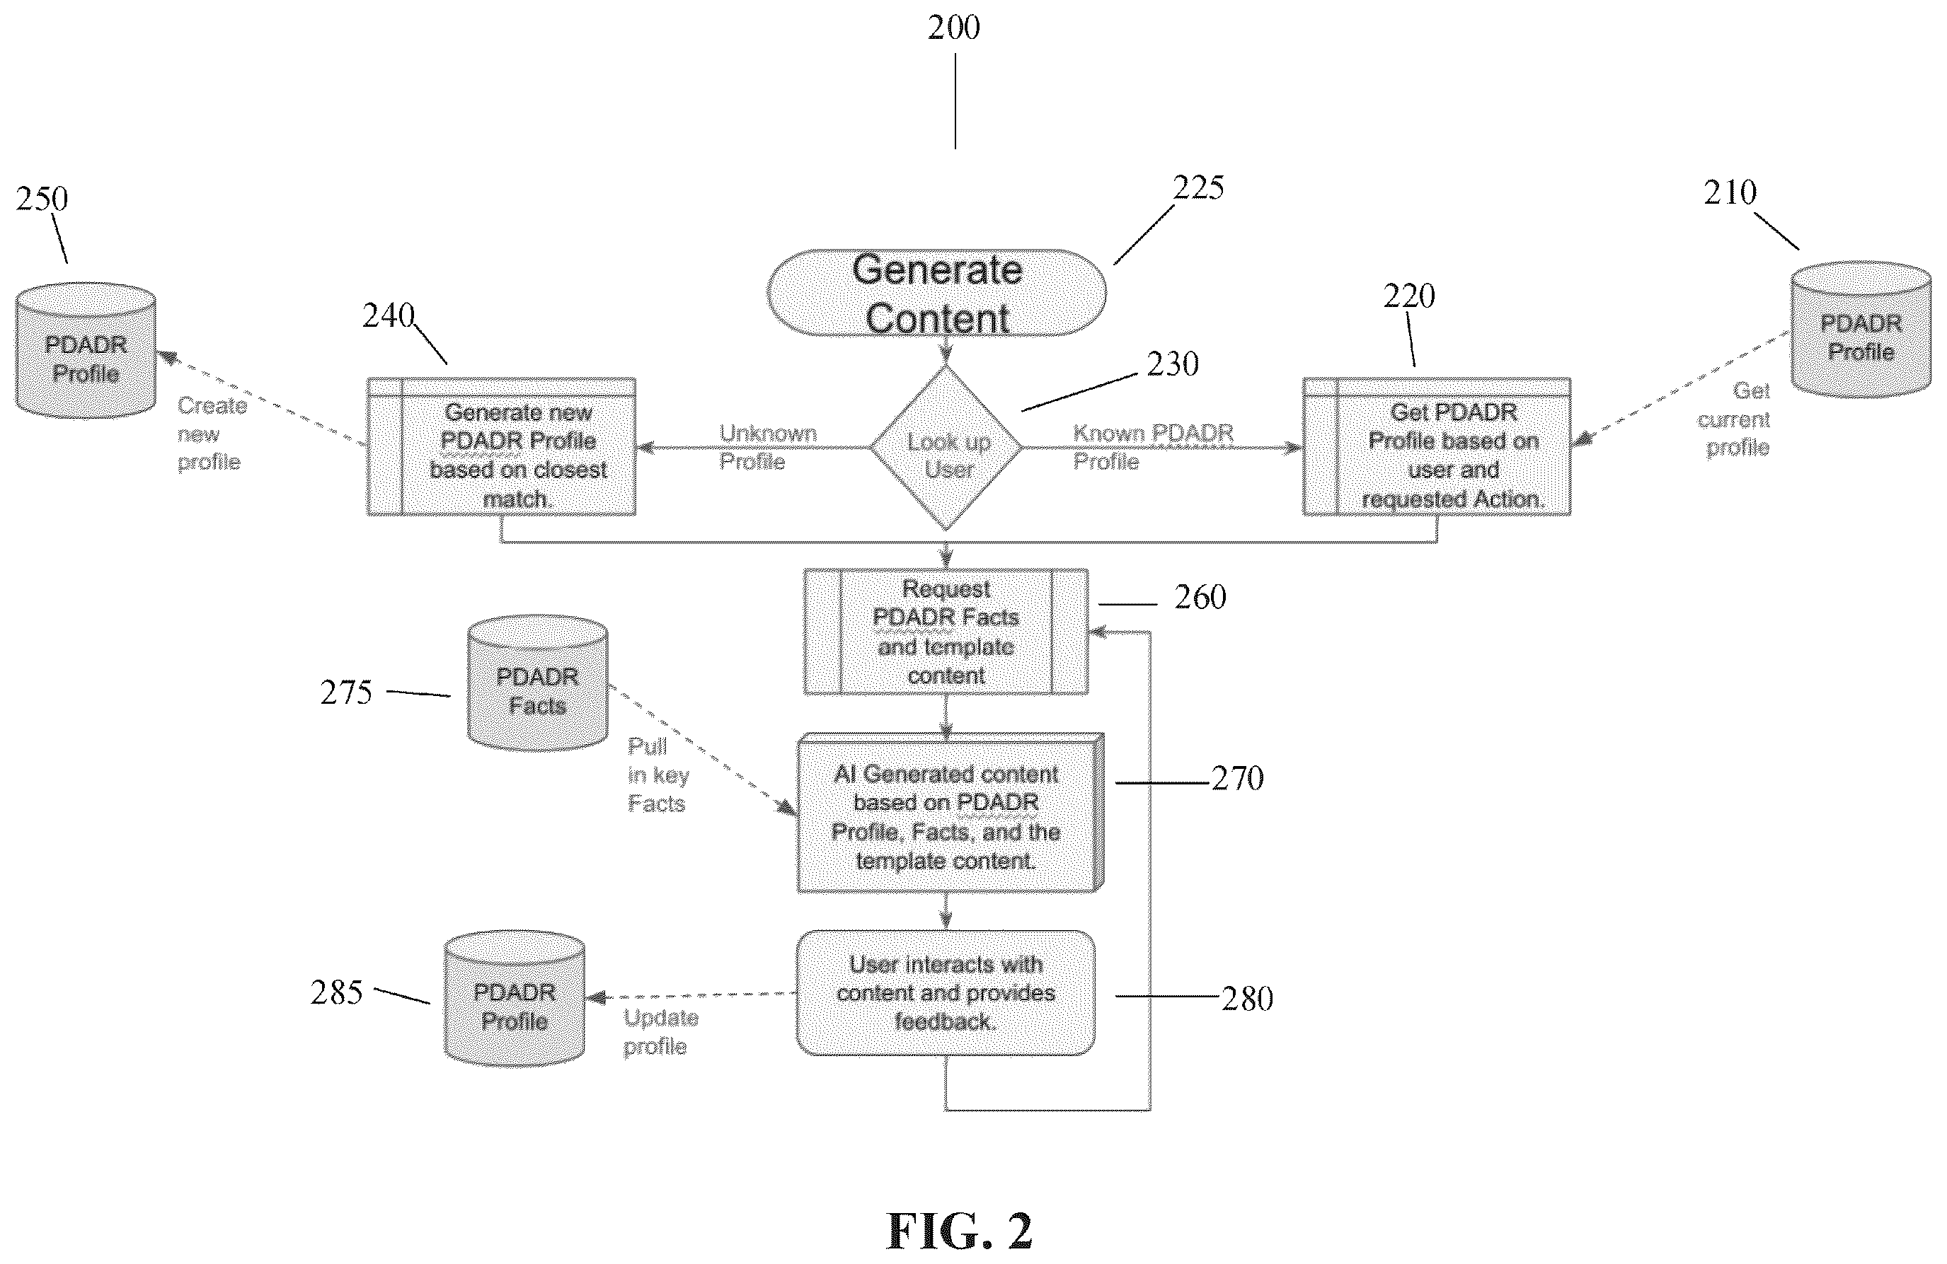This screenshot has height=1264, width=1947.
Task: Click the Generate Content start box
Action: [x=936, y=293]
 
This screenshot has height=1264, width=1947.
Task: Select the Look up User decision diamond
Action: [x=946, y=447]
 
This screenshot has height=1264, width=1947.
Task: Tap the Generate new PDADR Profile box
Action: [x=502, y=446]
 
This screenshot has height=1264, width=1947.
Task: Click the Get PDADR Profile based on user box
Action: [x=1437, y=446]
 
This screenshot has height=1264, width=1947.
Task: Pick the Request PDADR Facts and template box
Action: [x=946, y=631]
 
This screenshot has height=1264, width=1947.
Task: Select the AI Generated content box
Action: [x=950, y=813]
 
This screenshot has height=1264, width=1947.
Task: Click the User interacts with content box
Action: [x=946, y=992]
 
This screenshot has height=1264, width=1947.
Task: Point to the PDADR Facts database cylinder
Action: [x=537, y=683]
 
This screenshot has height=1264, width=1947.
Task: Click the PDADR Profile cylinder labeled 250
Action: [x=86, y=351]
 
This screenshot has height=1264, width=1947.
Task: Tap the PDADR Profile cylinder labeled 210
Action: [x=1861, y=330]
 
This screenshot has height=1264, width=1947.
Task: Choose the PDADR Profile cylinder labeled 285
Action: [x=515, y=998]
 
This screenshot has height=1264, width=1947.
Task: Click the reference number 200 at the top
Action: [x=954, y=28]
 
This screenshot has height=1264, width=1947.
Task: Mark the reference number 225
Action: [x=1198, y=187]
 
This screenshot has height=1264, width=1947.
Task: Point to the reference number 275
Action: [x=346, y=692]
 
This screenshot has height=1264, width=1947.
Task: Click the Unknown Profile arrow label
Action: [x=768, y=447]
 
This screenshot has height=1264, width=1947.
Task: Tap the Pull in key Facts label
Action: [x=658, y=775]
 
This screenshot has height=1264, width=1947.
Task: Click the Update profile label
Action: [x=661, y=1032]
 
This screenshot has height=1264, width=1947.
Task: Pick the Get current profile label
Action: [x=1733, y=419]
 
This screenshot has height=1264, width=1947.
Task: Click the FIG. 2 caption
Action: [x=960, y=1231]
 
